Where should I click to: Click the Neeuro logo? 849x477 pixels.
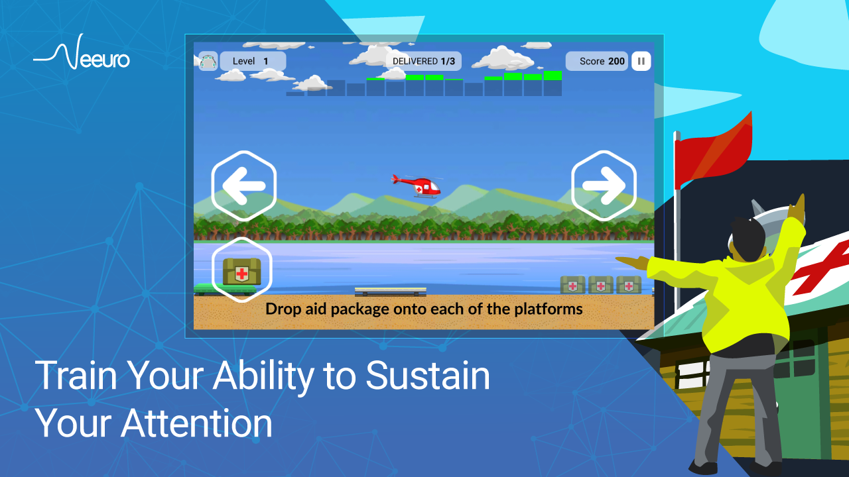[x=82, y=52]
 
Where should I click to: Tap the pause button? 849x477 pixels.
[x=641, y=61]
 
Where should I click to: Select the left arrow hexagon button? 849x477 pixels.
[x=243, y=185]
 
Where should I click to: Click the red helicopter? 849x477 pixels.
[x=416, y=186]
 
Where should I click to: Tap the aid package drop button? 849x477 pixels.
[x=242, y=270]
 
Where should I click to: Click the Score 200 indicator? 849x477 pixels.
[x=596, y=61]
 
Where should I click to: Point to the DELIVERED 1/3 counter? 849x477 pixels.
[x=423, y=61]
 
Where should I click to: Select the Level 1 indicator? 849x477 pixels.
[x=253, y=61]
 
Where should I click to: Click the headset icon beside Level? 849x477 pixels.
[x=208, y=61]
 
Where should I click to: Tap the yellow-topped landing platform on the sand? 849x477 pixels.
[x=391, y=291]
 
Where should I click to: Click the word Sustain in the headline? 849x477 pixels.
[x=428, y=376]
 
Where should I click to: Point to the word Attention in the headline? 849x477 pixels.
[x=196, y=423]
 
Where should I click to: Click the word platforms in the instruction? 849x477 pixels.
[x=549, y=309]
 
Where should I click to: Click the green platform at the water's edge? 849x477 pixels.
[x=225, y=290]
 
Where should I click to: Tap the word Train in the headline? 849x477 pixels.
[x=76, y=376]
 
